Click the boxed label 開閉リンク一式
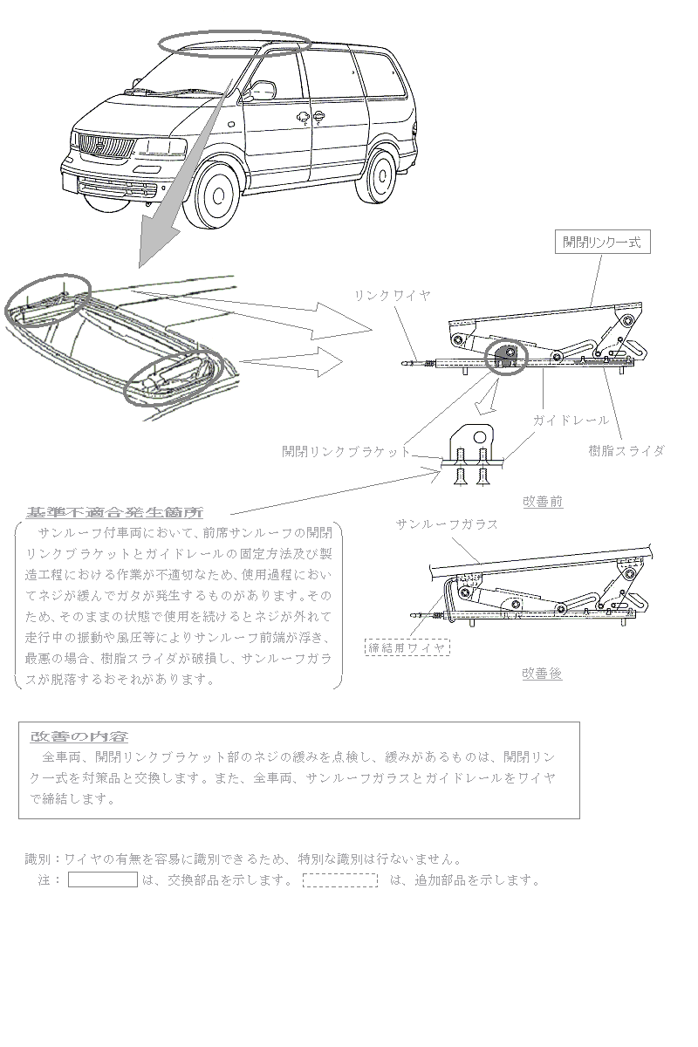click(x=602, y=243)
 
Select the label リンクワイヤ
click(x=392, y=296)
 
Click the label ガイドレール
click(x=571, y=421)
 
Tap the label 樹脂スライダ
click(x=626, y=450)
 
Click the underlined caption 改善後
click(x=542, y=674)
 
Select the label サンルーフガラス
click(x=447, y=524)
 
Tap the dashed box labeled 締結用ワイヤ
click(x=407, y=647)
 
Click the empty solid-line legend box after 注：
click(x=103, y=879)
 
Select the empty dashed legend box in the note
click(x=340, y=879)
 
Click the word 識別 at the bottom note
click(x=38, y=859)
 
